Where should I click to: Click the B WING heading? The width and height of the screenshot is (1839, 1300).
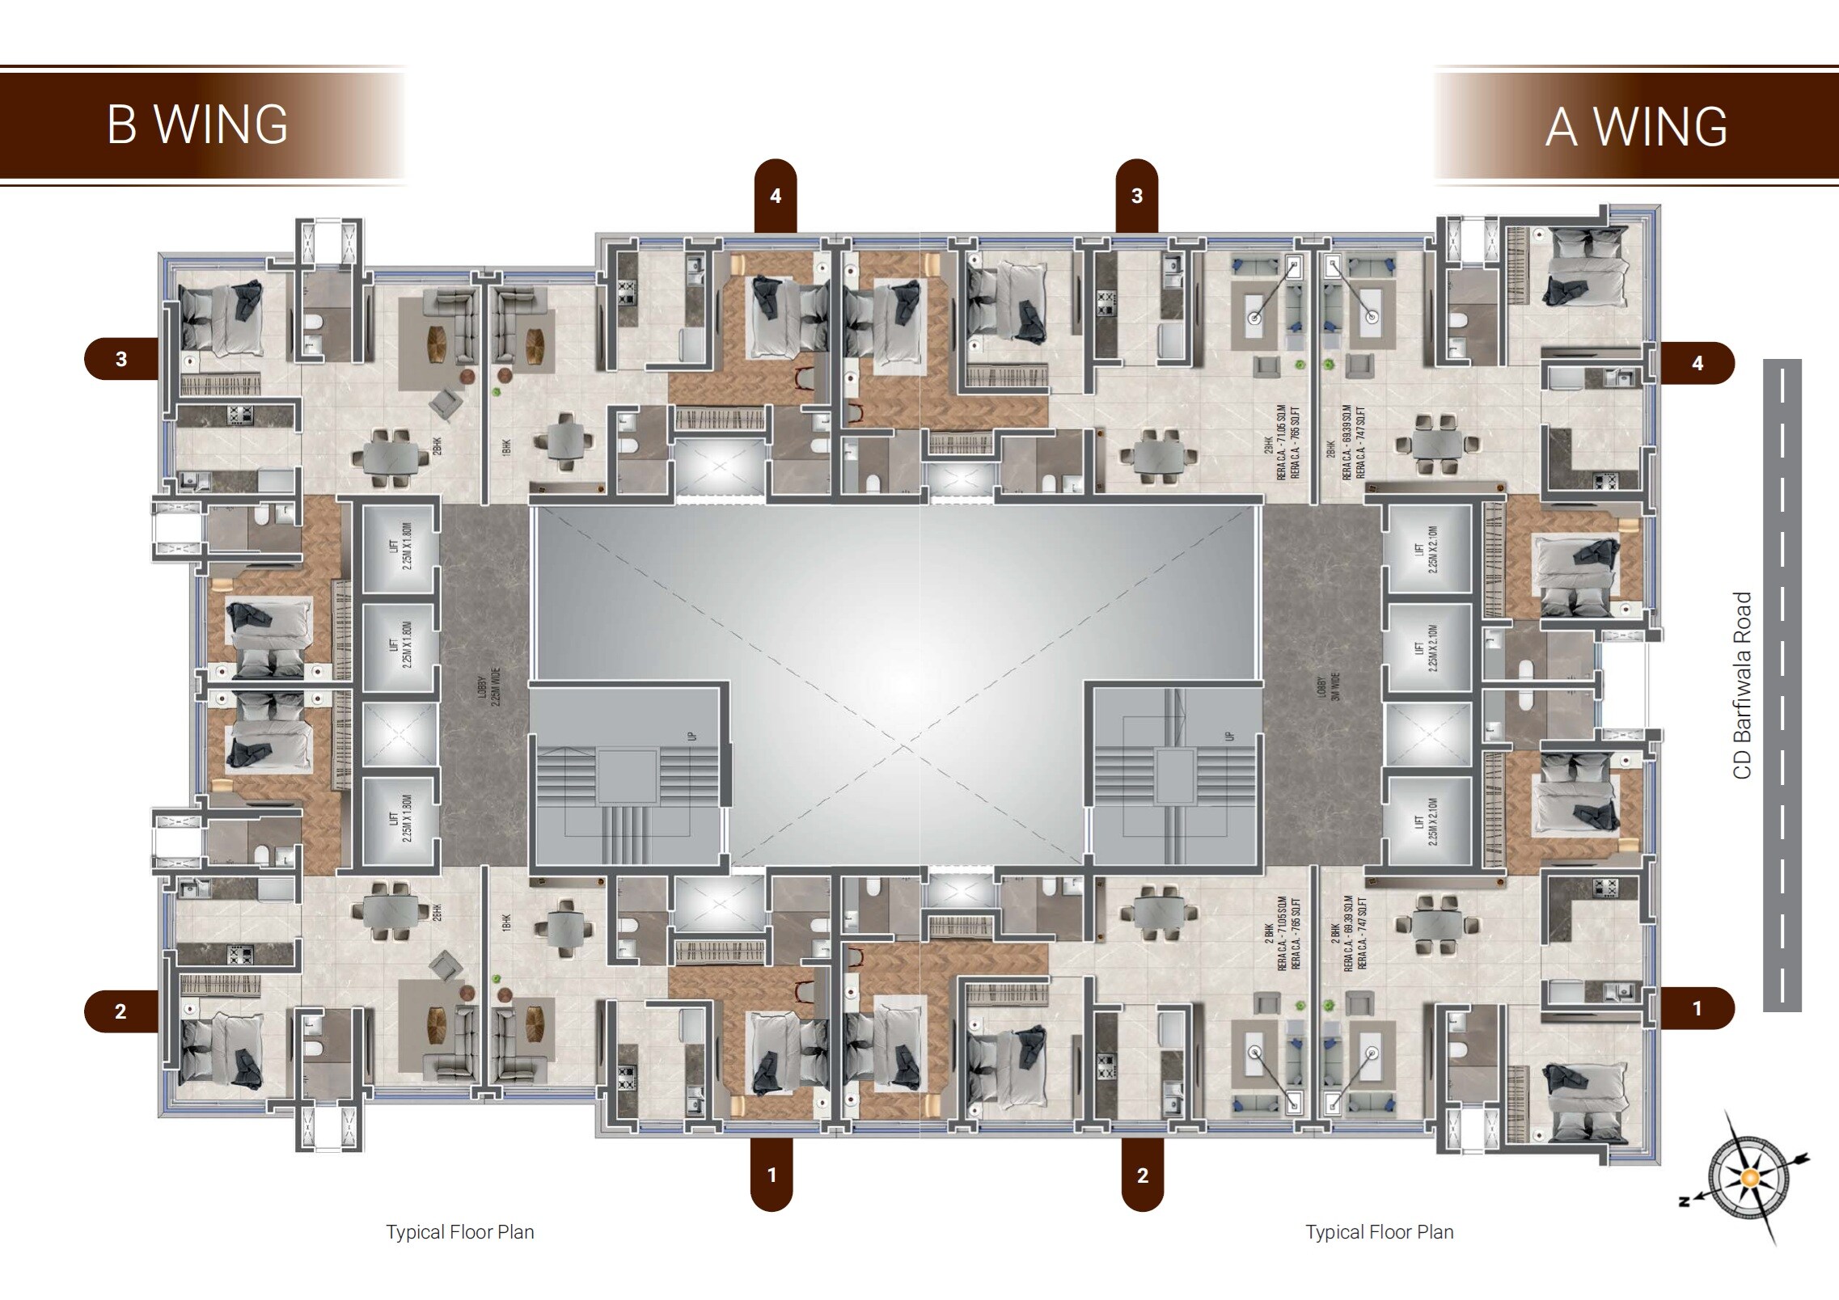(x=197, y=125)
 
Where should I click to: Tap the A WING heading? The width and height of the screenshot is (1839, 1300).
(x=1636, y=127)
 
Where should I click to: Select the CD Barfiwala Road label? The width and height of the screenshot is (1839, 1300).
(x=1742, y=686)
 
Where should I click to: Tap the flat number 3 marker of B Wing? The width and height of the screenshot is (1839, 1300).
(x=121, y=359)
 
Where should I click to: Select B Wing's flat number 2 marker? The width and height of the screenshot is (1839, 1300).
(x=121, y=1011)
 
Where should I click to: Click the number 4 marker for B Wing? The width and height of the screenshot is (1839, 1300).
(x=776, y=196)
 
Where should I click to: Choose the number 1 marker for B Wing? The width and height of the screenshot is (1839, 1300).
(x=772, y=1175)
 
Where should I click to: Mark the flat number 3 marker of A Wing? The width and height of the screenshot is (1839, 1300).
(x=1137, y=196)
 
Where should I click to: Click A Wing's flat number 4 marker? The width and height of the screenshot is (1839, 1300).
(x=1697, y=363)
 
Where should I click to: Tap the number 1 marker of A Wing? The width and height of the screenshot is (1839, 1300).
(x=1697, y=1008)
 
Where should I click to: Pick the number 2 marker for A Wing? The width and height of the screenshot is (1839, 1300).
(x=1142, y=1175)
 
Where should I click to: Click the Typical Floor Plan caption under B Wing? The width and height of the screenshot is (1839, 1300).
(x=460, y=1232)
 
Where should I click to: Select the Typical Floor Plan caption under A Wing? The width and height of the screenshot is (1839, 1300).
(x=1379, y=1232)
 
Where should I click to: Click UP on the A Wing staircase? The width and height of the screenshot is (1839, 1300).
(x=1230, y=736)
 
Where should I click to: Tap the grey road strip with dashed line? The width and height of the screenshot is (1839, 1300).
(x=1782, y=686)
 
